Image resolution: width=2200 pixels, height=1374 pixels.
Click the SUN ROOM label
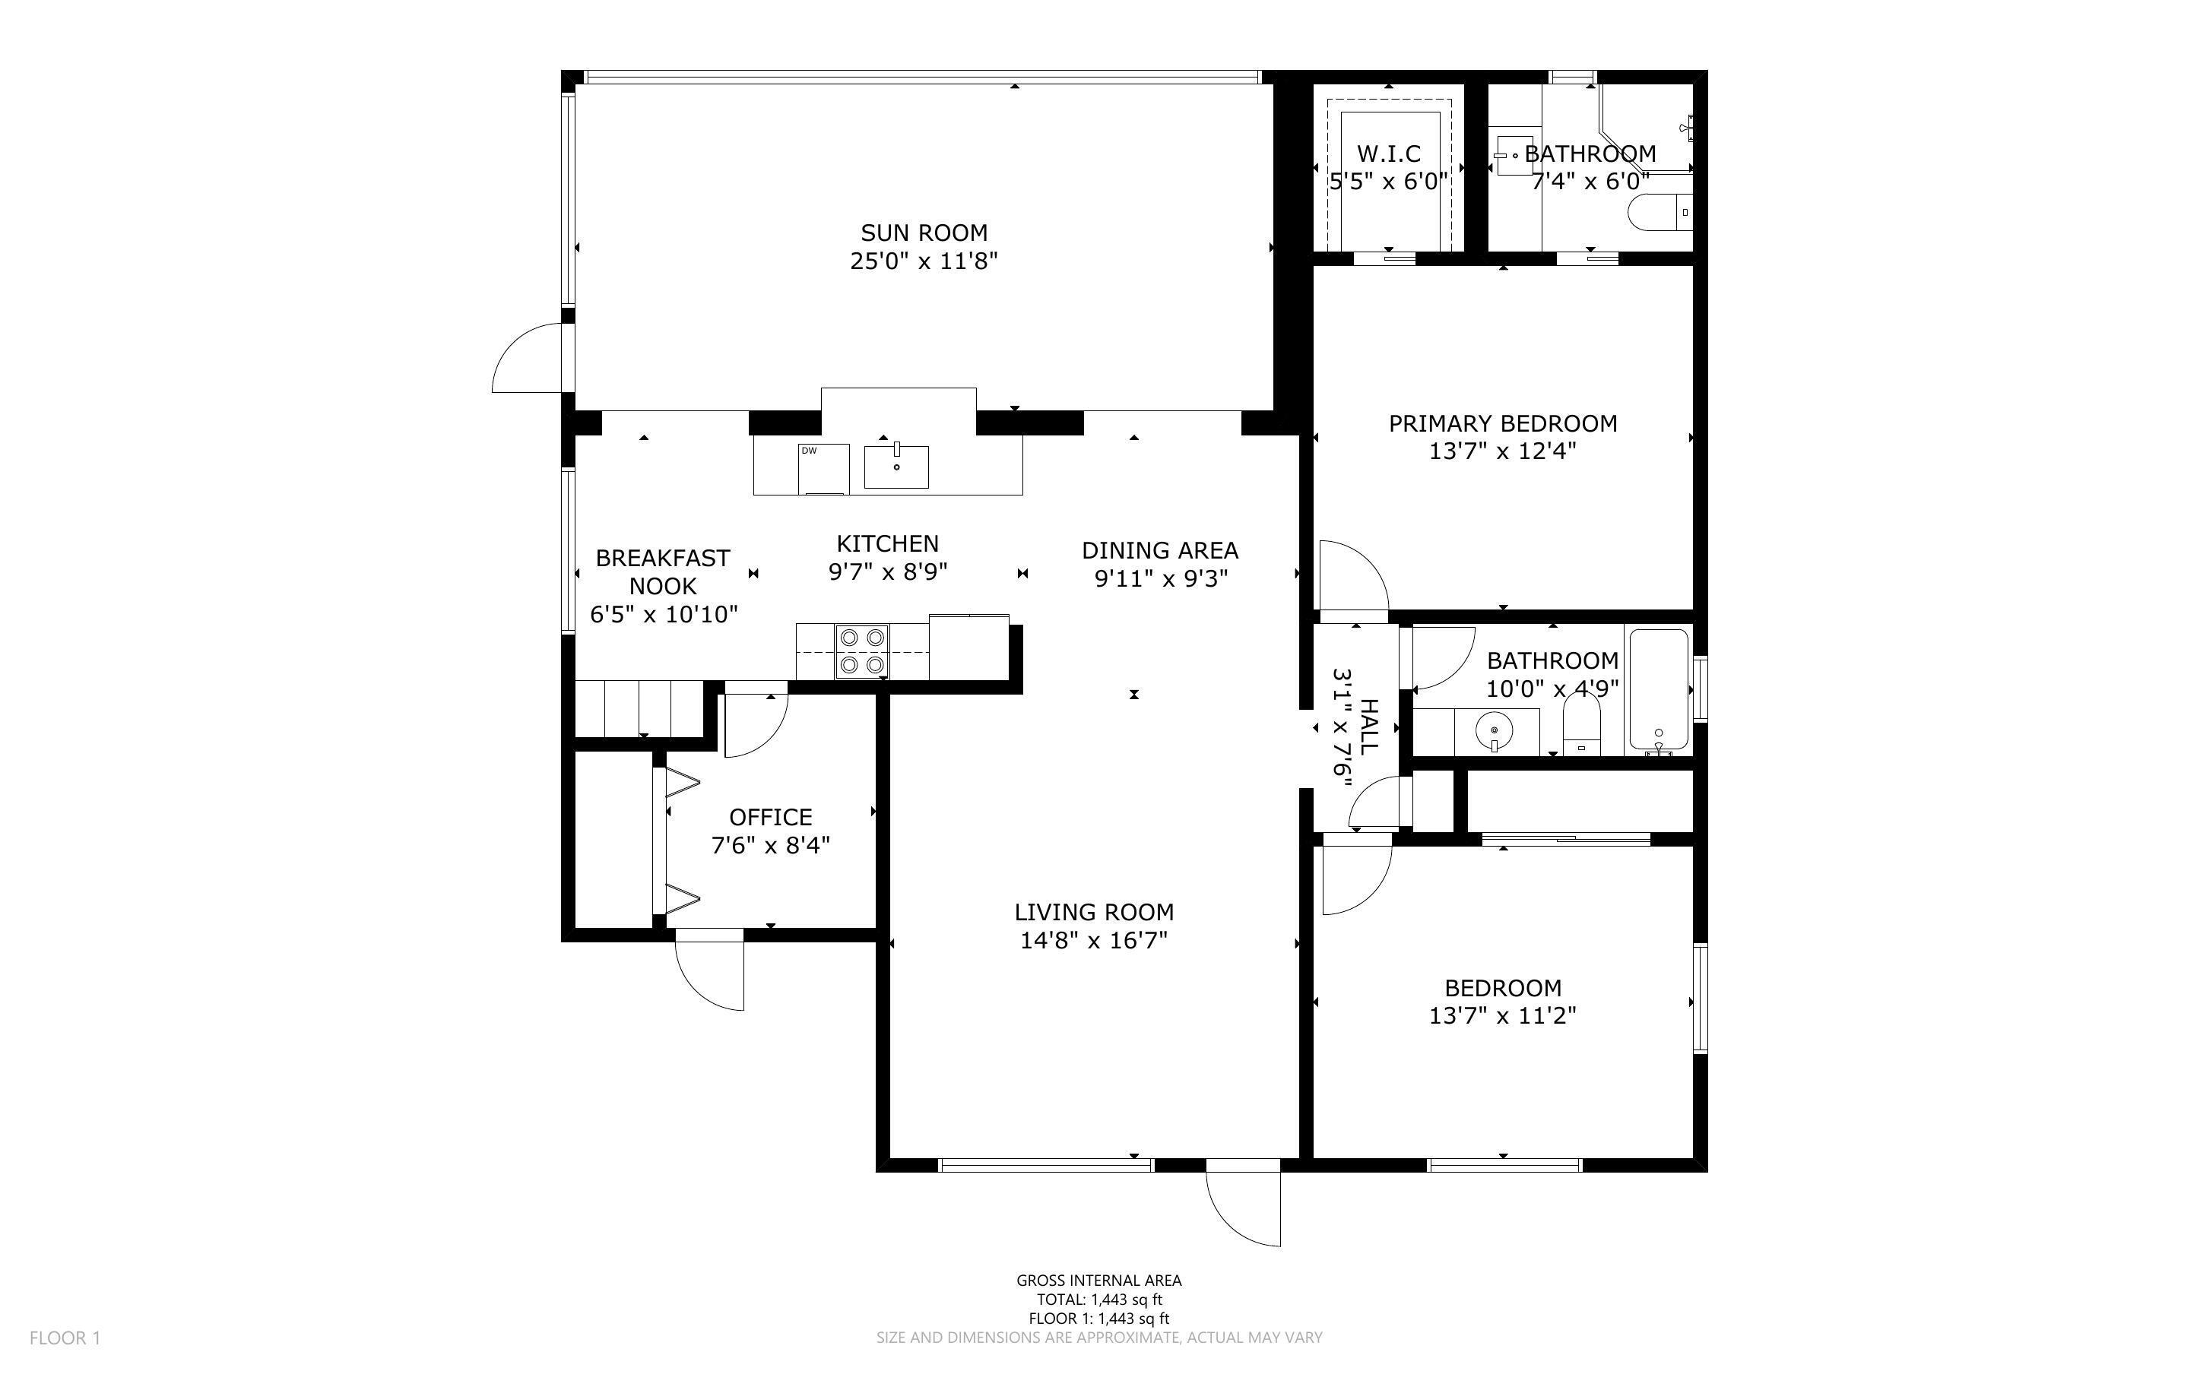tap(923, 233)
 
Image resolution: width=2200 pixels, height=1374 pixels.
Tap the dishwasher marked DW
tap(823, 470)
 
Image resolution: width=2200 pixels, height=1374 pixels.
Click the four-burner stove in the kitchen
tap(861, 651)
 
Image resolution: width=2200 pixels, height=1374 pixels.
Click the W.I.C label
tap(1387, 154)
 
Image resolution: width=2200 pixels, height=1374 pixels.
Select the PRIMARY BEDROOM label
tap(1502, 423)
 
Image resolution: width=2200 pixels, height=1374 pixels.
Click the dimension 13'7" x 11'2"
tap(1502, 1015)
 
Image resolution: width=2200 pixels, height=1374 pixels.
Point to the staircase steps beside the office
tap(639, 709)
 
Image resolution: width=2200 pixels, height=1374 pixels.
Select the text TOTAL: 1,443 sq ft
tap(1098, 1300)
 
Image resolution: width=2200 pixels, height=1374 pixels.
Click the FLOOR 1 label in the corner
tap(65, 1338)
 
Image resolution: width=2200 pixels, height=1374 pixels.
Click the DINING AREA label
tap(1159, 551)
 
